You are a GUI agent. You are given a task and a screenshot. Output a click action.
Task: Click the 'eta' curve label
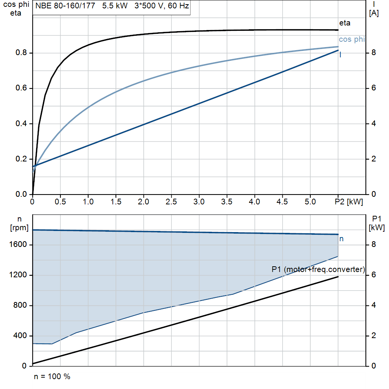pyautogui.click(x=345, y=23)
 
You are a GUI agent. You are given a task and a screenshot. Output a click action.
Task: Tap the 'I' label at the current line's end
pyautogui.click(x=340, y=55)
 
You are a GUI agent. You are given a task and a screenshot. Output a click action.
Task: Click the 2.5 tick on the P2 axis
pyautogui.click(x=171, y=202)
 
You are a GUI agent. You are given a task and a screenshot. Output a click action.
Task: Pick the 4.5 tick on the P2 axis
pyautogui.click(x=282, y=202)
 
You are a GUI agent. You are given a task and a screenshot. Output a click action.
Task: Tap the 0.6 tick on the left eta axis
pyautogui.click(x=21, y=88)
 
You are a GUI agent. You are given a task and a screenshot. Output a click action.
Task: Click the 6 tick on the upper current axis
pyautogui.click(x=373, y=88)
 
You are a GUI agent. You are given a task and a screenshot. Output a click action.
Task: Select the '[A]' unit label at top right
pyautogui.click(x=374, y=13)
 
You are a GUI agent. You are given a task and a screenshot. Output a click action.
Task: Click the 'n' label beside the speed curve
pyautogui.click(x=341, y=239)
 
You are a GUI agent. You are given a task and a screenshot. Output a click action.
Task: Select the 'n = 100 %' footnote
pyautogui.click(x=52, y=376)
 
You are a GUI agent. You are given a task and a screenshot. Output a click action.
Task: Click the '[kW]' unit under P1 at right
pyautogui.click(x=377, y=228)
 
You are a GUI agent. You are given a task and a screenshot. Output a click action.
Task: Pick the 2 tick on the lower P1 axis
pyautogui.click(x=373, y=336)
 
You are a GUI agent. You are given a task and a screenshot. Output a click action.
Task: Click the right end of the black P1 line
pyautogui.click(x=338, y=277)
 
